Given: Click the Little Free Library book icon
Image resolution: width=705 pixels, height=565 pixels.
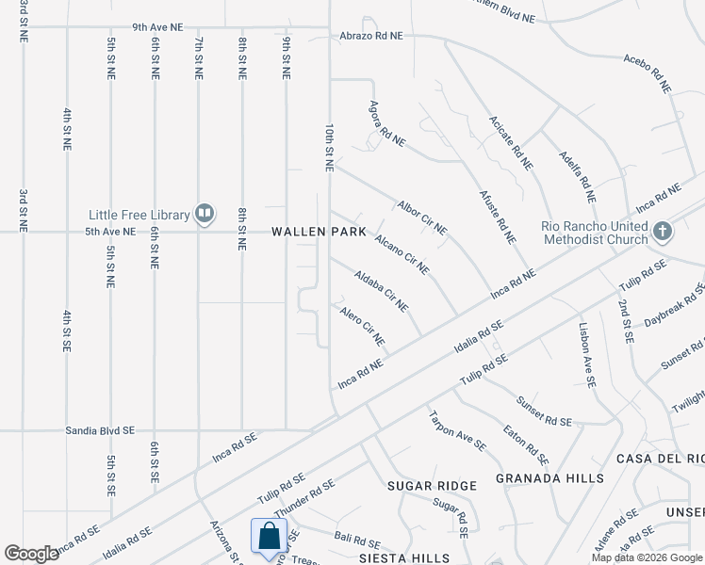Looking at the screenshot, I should pos(205,214).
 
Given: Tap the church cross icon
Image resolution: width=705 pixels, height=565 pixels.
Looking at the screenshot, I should pos(663,231).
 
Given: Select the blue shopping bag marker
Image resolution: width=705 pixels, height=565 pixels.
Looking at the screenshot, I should pos(270,538).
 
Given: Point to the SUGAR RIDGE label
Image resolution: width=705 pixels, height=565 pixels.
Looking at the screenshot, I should pos(432,485).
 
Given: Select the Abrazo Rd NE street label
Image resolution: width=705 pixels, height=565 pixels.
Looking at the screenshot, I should pos(371,36).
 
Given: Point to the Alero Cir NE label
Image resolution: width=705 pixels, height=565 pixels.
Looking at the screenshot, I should pos(363,325).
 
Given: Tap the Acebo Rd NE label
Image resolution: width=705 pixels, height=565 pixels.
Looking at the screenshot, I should pos(647,72).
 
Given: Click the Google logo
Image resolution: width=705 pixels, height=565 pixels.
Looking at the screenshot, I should pos(32,554).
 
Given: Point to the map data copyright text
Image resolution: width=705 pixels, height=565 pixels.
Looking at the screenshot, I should pos(647,557).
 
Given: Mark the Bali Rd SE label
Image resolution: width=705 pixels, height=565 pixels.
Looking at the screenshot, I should pos(356,541).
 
